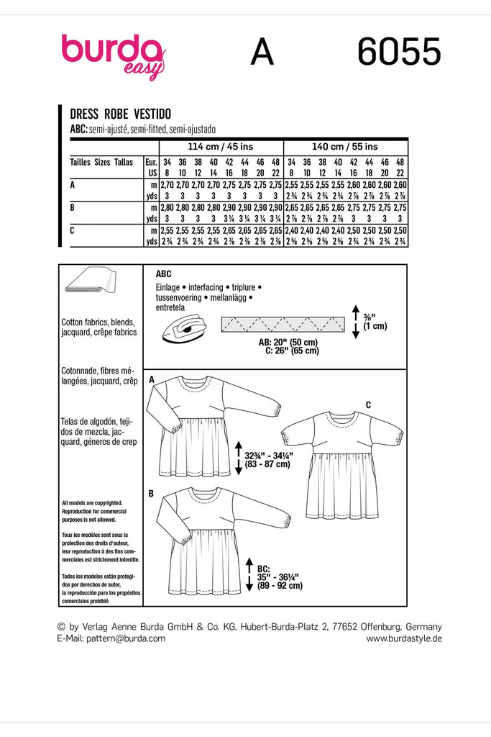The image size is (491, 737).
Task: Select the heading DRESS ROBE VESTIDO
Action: [x=121, y=113]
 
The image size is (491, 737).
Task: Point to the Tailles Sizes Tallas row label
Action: [x=101, y=163]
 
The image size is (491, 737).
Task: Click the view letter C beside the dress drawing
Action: [x=368, y=405]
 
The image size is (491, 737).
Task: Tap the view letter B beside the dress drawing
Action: [x=152, y=493]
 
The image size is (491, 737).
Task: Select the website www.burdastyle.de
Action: [x=404, y=638]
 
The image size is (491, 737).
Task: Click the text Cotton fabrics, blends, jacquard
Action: [x=100, y=328]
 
